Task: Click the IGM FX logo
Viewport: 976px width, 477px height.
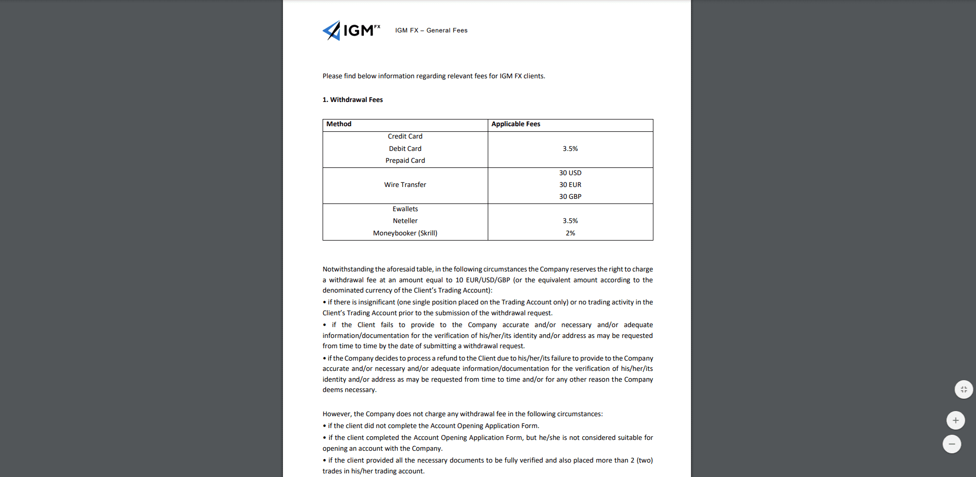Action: click(351, 30)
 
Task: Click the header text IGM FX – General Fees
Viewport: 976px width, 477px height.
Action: click(431, 30)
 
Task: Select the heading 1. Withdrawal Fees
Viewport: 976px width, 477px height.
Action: click(352, 100)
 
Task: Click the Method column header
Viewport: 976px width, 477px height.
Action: click(339, 124)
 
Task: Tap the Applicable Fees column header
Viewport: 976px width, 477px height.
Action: click(516, 124)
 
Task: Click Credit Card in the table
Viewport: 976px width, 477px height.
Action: click(405, 137)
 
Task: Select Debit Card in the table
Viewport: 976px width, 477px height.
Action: click(405, 149)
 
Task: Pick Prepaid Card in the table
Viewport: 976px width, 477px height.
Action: click(405, 161)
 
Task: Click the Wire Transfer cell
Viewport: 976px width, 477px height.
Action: click(405, 185)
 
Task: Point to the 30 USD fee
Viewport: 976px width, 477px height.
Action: click(570, 173)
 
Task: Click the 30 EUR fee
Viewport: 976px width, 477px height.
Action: click(570, 185)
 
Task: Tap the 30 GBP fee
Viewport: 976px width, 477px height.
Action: click(570, 197)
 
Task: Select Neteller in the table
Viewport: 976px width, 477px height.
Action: click(405, 221)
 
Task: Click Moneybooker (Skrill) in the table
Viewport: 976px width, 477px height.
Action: click(405, 233)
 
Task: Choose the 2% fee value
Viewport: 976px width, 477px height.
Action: click(570, 233)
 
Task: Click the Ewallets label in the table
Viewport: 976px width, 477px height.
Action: click(405, 209)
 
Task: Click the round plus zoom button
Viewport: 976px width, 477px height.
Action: click(955, 420)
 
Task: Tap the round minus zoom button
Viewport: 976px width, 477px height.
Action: click(951, 444)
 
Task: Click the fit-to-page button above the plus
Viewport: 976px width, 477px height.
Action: click(964, 389)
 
